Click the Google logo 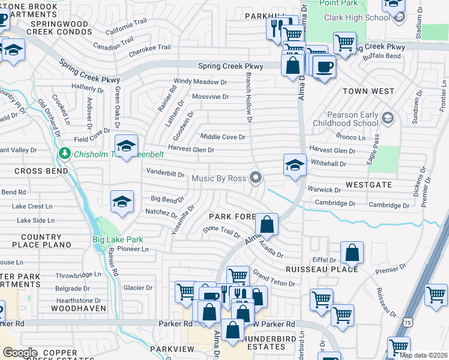point(20,352)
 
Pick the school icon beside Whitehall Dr point(295,166)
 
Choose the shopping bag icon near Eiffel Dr point(352,253)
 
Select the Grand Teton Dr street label point(274,280)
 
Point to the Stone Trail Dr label point(221,231)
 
